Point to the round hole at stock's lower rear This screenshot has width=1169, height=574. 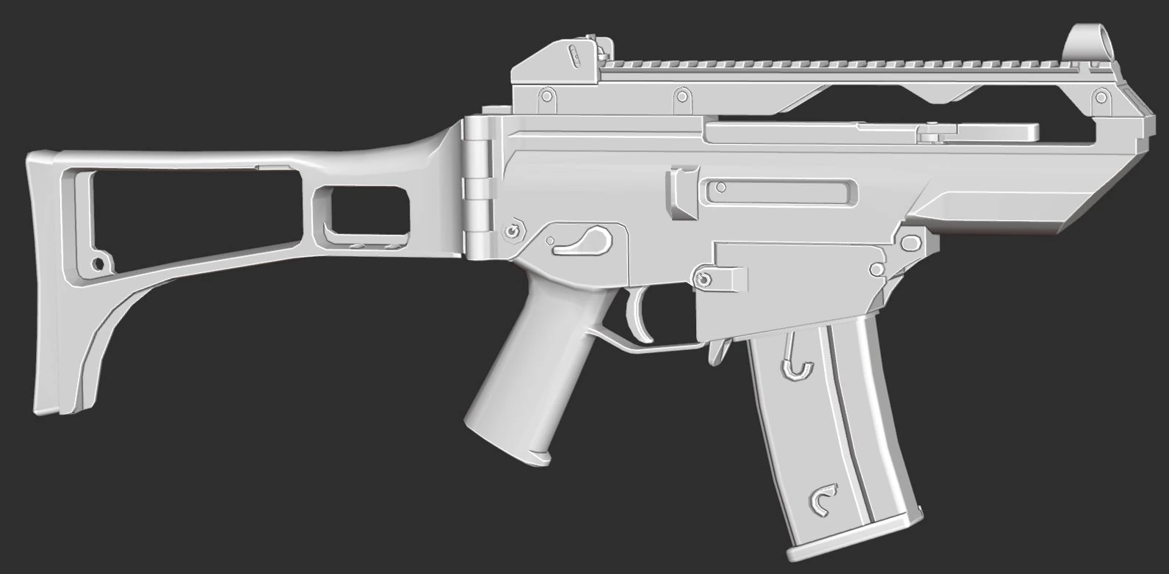tap(96, 262)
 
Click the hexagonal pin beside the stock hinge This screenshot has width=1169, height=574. tap(513, 230)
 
